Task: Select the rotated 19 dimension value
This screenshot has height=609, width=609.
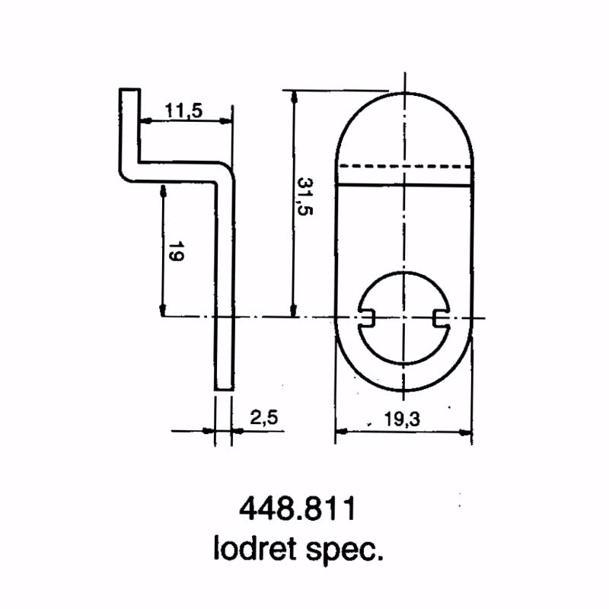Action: [175, 251]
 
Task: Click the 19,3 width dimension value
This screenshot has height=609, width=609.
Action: [403, 419]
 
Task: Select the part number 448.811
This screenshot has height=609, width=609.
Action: [297, 509]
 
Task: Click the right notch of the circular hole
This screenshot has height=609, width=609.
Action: [439, 317]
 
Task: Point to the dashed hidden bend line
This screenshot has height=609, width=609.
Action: [404, 165]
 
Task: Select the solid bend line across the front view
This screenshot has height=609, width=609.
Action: [404, 185]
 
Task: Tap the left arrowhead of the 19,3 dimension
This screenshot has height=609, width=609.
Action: [340, 432]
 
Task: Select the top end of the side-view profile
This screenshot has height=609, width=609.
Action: [129, 90]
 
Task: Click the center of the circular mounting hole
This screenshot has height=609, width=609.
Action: [403, 317]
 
